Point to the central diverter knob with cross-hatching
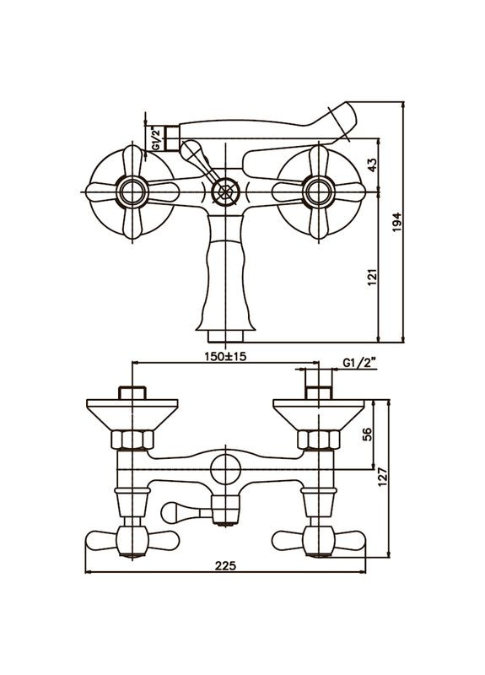coord(224,190)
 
